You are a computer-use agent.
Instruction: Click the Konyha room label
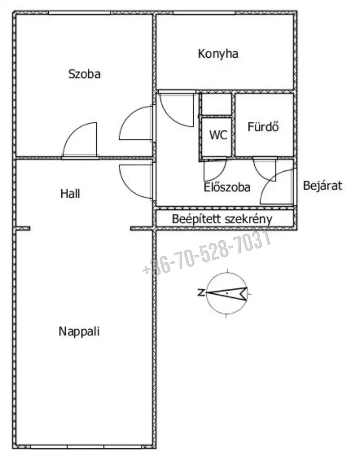218,54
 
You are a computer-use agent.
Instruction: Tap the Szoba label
85,74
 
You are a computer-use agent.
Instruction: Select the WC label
218,135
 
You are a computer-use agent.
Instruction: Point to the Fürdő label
263,127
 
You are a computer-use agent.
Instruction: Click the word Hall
70,194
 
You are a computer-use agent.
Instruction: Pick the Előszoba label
227,187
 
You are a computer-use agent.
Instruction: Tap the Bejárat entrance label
323,185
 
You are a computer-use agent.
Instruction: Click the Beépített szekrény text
222,219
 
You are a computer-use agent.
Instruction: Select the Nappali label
79,331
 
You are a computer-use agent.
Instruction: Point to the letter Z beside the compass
201,292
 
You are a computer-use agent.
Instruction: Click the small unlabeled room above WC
217,104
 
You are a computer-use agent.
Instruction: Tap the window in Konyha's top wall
204,13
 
